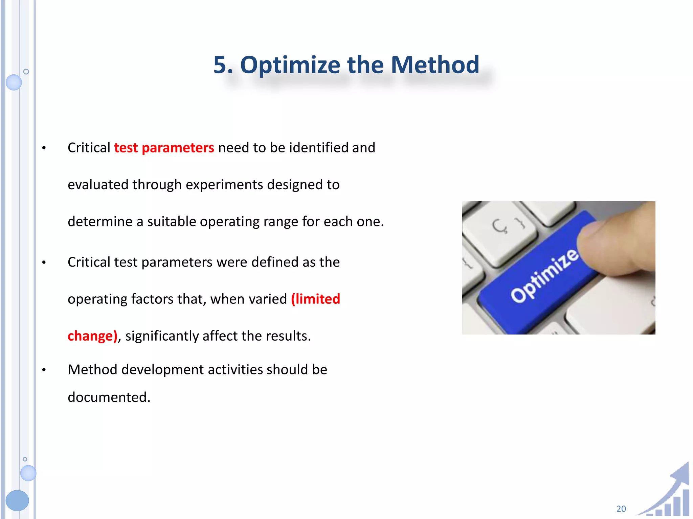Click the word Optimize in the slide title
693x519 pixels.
(290, 65)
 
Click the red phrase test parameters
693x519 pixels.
(164, 148)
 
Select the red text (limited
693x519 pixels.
(315, 299)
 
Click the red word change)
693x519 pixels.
(92, 336)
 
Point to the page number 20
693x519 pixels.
(621, 509)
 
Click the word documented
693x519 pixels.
(109, 397)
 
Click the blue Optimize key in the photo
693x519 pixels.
(538, 277)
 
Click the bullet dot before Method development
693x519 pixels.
(44, 370)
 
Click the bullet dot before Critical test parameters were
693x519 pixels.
(44, 263)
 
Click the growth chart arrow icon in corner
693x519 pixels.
(668, 493)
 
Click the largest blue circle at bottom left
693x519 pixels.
(17, 500)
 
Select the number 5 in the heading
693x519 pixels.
(220, 65)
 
